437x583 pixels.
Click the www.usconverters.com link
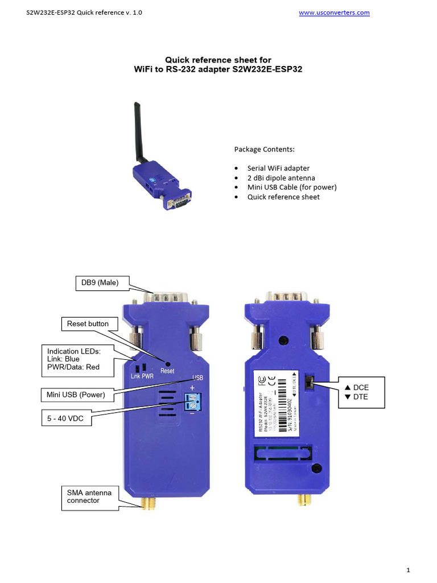[334, 13]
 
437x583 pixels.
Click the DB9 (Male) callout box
[103, 283]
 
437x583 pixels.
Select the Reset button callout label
[87, 323]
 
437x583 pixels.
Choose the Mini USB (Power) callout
[76, 394]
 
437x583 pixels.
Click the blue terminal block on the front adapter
[194, 402]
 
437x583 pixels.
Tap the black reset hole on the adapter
[168, 363]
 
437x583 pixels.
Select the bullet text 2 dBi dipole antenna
[281, 178]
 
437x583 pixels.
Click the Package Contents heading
[265, 149]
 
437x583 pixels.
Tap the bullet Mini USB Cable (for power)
[292, 187]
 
